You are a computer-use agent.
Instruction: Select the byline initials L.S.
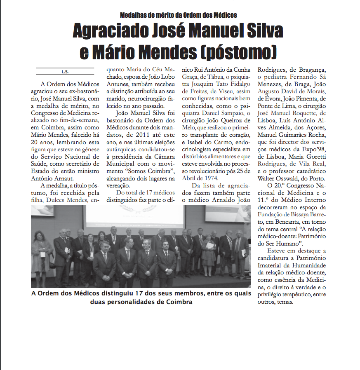coord(65,72)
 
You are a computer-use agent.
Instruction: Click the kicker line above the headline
coord(178,15)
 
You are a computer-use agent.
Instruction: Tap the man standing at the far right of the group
coord(240,251)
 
